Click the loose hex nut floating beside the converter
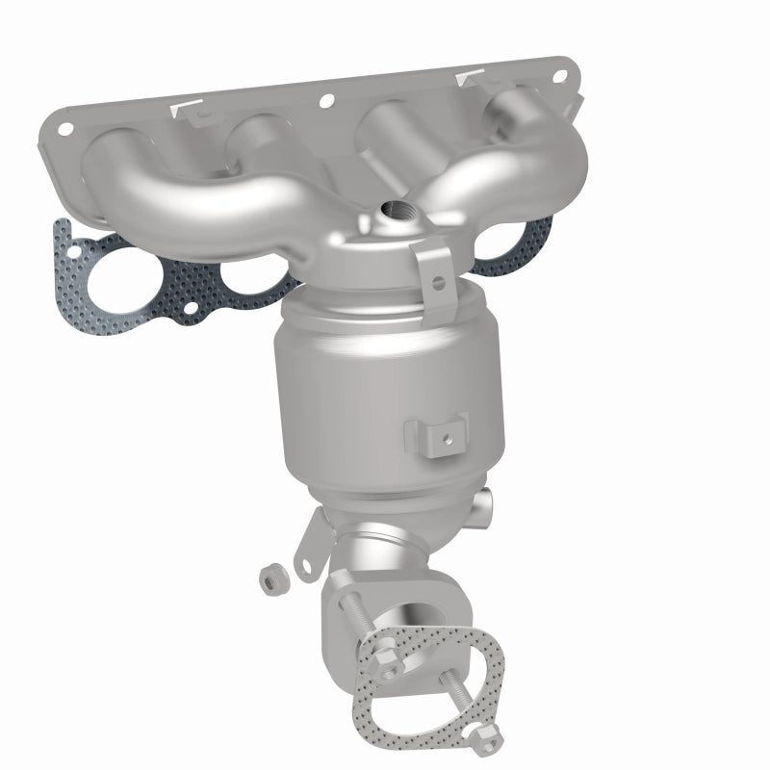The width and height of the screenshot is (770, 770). tap(270, 579)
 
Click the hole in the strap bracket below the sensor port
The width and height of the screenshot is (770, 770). tap(437, 282)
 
